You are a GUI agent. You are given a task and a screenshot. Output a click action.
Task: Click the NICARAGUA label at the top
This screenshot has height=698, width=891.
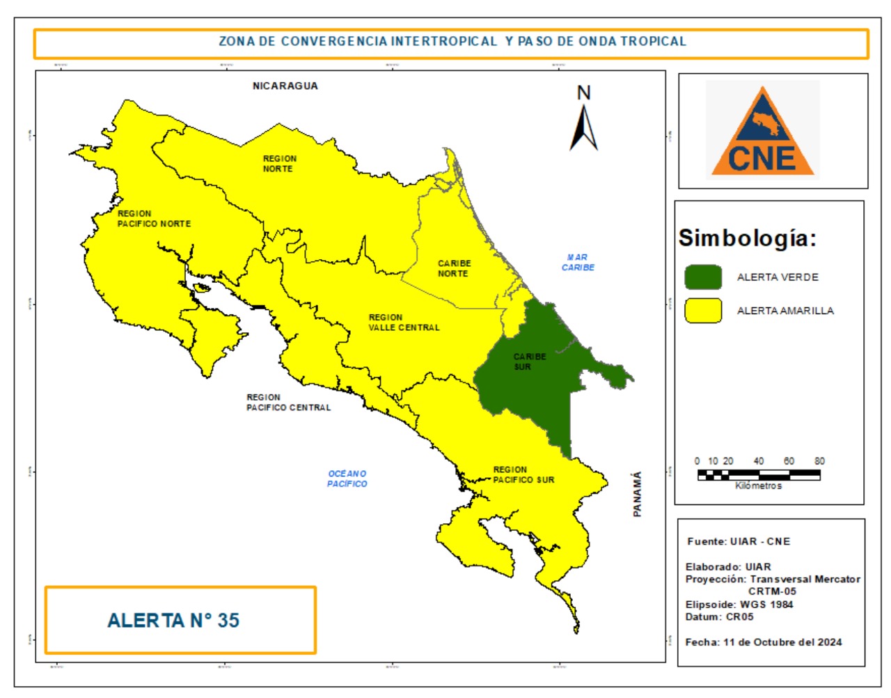click(285, 86)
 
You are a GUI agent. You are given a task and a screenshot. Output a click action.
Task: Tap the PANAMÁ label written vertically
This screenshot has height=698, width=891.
click(637, 494)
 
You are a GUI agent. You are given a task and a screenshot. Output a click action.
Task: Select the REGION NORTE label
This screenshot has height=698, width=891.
click(279, 164)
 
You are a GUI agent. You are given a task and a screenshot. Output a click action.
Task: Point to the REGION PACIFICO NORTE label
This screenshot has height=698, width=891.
click(154, 219)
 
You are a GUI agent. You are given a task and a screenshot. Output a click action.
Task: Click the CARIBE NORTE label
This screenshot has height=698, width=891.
click(454, 268)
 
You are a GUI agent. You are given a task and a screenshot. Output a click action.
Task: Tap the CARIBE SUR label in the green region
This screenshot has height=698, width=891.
click(529, 362)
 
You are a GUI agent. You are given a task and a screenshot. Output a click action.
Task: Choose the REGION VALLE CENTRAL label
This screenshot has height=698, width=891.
click(404, 322)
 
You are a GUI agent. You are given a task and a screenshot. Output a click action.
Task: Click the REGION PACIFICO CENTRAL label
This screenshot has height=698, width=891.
click(288, 403)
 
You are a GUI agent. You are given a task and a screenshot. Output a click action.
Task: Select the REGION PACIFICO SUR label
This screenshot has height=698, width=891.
click(523, 474)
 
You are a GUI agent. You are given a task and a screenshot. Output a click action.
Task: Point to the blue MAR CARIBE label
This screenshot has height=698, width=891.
click(578, 262)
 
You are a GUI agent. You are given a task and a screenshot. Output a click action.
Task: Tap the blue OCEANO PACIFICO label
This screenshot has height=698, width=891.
click(347, 479)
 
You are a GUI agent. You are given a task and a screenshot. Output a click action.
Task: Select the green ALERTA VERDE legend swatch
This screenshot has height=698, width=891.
click(703, 277)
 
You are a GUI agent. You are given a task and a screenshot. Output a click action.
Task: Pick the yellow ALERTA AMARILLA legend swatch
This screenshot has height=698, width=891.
click(703, 311)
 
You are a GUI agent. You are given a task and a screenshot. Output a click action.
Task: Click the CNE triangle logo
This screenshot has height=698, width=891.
click(762, 132)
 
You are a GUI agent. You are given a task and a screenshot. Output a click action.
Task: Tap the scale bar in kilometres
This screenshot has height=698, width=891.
click(759, 475)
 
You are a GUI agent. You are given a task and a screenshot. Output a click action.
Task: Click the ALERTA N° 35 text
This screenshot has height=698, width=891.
click(173, 621)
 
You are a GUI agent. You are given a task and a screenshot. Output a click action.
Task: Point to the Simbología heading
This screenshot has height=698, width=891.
click(748, 238)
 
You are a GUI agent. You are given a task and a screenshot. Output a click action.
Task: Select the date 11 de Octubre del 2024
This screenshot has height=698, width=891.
click(782, 642)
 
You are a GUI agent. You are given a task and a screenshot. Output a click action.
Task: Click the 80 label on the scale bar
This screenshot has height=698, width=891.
click(819, 461)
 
